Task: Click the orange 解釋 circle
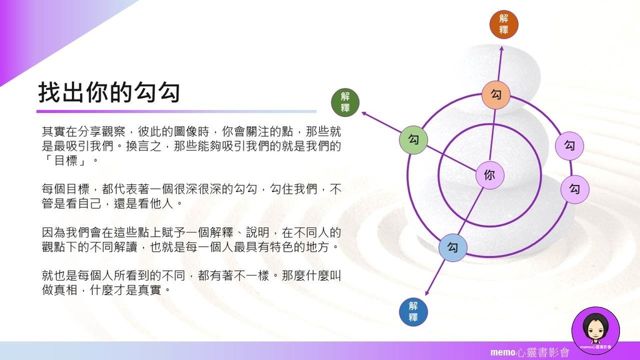[x=504, y=24]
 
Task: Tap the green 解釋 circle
[x=345, y=102]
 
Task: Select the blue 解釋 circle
[x=413, y=312]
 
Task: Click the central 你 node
[x=490, y=175]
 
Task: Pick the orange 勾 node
[x=496, y=95]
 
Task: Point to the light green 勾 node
[x=414, y=139]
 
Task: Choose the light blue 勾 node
[x=452, y=247]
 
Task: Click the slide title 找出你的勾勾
[x=109, y=92]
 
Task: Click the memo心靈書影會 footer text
[x=530, y=352]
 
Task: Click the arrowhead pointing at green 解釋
[x=364, y=115]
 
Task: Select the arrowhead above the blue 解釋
[x=427, y=292]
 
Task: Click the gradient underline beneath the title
[x=176, y=111]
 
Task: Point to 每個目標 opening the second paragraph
[x=65, y=189]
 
